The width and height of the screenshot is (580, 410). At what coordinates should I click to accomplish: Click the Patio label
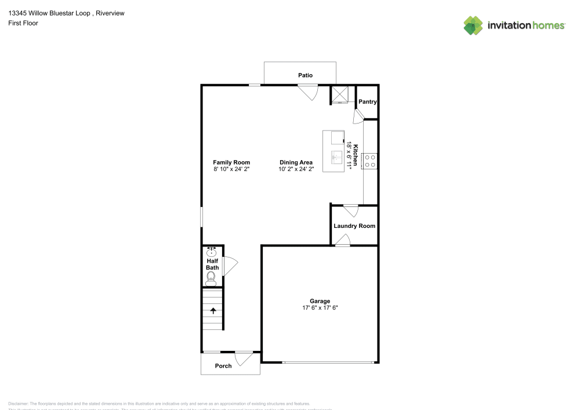(306, 75)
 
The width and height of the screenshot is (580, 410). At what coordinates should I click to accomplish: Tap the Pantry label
(368, 101)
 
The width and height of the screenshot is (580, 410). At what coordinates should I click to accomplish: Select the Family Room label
(231, 162)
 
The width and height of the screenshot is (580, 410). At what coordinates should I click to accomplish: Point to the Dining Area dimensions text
(296, 169)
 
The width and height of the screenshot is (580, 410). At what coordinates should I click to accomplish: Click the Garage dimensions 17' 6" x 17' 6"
(320, 308)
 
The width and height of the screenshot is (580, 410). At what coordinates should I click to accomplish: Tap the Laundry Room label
(354, 226)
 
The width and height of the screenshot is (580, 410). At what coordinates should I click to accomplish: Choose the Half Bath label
(212, 264)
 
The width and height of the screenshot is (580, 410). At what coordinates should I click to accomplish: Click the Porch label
(223, 366)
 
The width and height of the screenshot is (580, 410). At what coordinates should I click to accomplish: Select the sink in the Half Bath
(212, 252)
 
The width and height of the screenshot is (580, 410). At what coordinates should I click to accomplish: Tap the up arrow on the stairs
(213, 310)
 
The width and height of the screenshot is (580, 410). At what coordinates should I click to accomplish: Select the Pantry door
(358, 116)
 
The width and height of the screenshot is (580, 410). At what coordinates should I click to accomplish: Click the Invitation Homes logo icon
(473, 26)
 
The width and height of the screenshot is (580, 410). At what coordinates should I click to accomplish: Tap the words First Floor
(23, 23)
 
